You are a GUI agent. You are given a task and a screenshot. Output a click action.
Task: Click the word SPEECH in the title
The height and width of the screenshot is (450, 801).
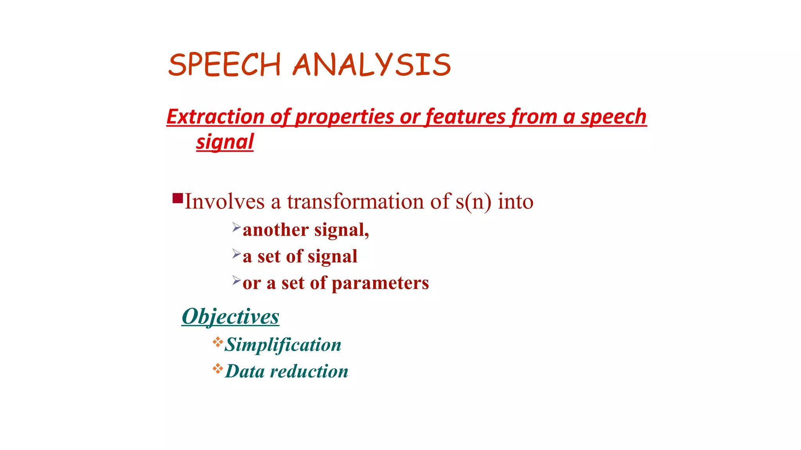pyautogui.click(x=224, y=65)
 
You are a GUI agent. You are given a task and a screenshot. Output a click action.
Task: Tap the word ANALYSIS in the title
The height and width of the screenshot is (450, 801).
pyautogui.click(x=372, y=65)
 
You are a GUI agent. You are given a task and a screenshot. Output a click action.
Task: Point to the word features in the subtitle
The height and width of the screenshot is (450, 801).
pyautogui.click(x=465, y=117)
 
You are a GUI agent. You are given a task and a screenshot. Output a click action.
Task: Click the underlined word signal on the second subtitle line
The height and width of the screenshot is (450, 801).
pyautogui.click(x=225, y=142)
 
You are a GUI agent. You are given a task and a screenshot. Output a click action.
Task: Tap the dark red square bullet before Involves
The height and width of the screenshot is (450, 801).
pyautogui.click(x=178, y=198)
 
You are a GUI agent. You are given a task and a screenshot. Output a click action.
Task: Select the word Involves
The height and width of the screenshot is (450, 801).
pyautogui.click(x=224, y=202)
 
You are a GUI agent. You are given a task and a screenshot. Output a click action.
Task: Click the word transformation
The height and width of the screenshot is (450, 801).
pyautogui.click(x=356, y=202)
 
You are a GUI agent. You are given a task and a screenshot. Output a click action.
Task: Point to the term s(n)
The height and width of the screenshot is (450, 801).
pyautogui.click(x=473, y=202)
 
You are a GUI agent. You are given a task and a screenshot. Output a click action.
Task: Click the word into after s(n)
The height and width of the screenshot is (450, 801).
pyautogui.click(x=515, y=202)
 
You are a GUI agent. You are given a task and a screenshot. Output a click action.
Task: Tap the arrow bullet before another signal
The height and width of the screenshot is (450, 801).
pyautogui.click(x=236, y=227)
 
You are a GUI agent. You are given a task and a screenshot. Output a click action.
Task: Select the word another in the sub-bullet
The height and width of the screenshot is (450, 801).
pyautogui.click(x=276, y=230)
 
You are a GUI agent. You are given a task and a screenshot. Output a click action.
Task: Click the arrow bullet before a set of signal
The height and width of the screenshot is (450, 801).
pyautogui.click(x=236, y=254)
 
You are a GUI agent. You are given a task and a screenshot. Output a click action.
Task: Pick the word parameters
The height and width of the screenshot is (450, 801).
pyautogui.click(x=380, y=283)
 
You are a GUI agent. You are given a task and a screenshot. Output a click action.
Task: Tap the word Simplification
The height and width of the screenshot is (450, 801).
pyautogui.click(x=283, y=345)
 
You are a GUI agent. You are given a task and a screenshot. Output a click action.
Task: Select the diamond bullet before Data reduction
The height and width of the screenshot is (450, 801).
pyautogui.click(x=218, y=368)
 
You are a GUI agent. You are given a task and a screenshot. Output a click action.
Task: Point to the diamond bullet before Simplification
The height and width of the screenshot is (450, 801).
pyautogui.click(x=218, y=342)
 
